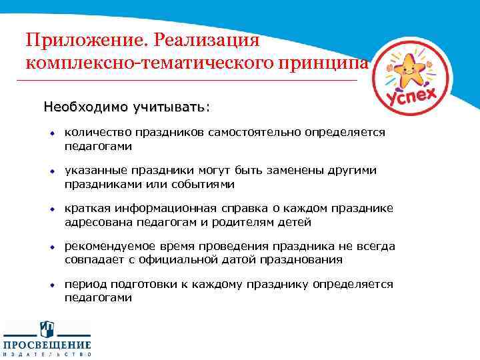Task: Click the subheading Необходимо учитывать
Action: (126, 107)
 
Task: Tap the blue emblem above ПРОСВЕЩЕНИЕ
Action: (47, 329)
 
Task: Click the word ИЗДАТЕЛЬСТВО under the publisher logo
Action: (47, 355)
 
